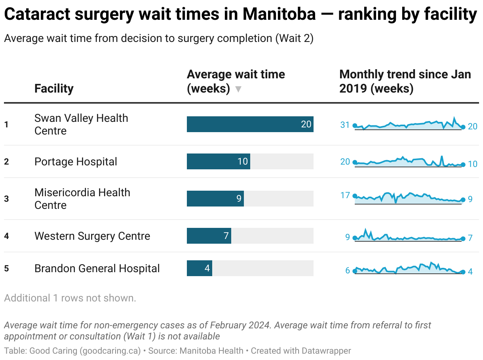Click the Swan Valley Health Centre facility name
[x=81, y=124]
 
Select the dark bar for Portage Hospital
[x=218, y=161]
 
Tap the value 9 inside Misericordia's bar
[x=239, y=199]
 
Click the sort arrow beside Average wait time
[x=238, y=89]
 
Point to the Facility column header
[x=54, y=88]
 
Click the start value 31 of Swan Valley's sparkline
[x=345, y=125]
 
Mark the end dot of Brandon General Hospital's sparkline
[x=463, y=272]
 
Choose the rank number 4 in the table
[x=6, y=236]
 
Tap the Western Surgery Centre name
[x=92, y=236]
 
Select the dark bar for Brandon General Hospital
[x=199, y=268]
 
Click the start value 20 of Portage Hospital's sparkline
[x=345, y=161]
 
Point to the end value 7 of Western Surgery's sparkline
[x=470, y=238]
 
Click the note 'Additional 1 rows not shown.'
[x=70, y=298]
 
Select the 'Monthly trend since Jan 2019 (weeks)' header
[x=405, y=81]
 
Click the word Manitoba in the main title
[x=279, y=15]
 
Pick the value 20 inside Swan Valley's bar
[x=306, y=124]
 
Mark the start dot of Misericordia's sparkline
[x=355, y=196]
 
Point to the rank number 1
[x=6, y=125]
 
